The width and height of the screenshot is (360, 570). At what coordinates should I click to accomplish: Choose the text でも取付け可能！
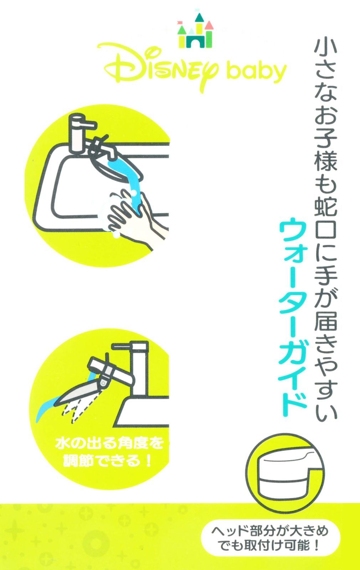270,546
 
